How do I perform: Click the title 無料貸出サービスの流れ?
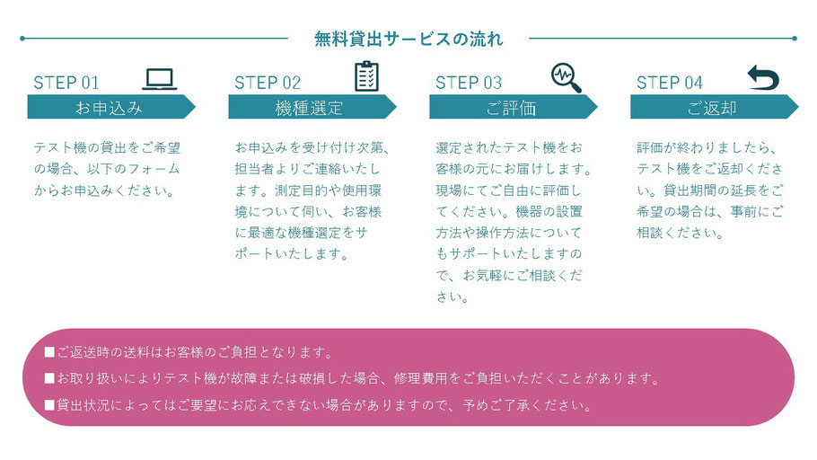tap(408, 40)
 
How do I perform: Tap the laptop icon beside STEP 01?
tap(160, 79)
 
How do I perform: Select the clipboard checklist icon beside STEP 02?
tap(366, 76)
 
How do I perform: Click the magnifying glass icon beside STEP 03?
tap(566, 77)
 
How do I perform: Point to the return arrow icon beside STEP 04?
tap(763, 77)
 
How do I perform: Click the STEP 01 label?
tap(66, 83)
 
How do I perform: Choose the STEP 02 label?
tap(268, 83)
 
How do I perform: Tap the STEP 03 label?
tap(469, 83)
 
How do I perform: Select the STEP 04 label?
tap(670, 83)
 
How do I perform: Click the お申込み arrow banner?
tap(111, 107)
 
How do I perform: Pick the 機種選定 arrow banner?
tap(312, 107)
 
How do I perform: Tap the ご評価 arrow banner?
tap(514, 107)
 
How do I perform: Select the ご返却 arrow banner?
tap(715, 107)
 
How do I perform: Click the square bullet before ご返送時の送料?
tap(49, 352)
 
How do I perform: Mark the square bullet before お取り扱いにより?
tap(49, 378)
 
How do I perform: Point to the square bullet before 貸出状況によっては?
tap(49, 404)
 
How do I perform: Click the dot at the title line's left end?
tap(22, 38)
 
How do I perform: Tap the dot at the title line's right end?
tap(795, 38)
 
